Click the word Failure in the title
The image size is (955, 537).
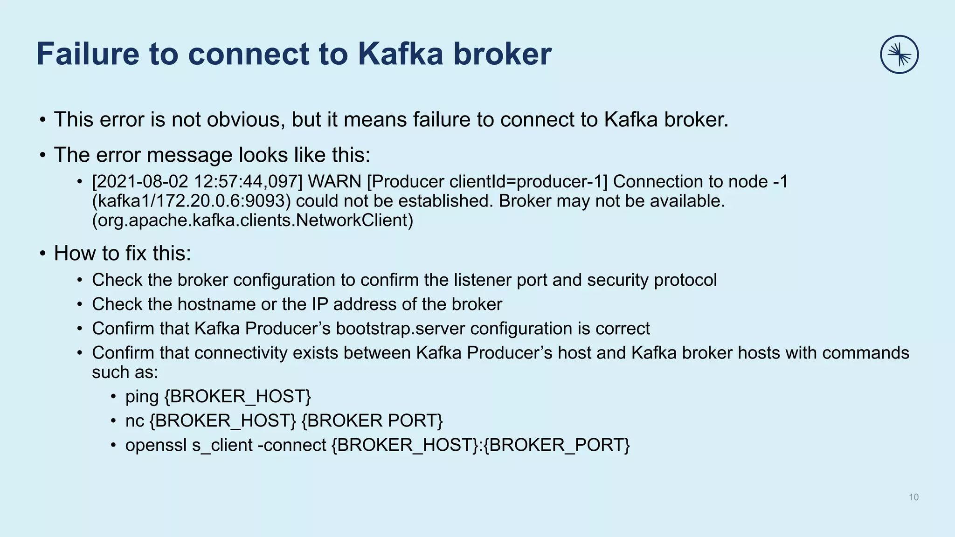pos(88,54)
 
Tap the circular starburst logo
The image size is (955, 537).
pos(899,55)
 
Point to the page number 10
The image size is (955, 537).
pos(913,497)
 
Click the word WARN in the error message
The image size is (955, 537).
pos(334,182)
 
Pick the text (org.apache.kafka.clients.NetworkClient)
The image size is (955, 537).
pos(252,220)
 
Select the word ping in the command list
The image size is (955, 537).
pos(142,397)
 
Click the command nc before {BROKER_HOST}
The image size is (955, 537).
pos(134,421)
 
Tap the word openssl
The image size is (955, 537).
pos(156,445)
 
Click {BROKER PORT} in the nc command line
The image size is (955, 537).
pos(372,421)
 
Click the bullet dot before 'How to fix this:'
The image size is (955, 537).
pos(42,254)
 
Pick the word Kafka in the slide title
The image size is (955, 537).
pos(400,54)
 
